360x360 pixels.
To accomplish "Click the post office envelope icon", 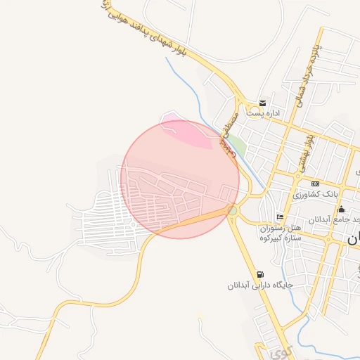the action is (x=262, y=103).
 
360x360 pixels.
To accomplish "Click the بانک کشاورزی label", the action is (x=316, y=193).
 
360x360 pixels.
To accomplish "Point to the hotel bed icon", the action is (x=280, y=217).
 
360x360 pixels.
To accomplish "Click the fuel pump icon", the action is (x=262, y=275).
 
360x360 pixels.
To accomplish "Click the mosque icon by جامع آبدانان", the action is (x=341, y=209).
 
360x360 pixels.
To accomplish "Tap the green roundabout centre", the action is (x=233, y=210).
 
